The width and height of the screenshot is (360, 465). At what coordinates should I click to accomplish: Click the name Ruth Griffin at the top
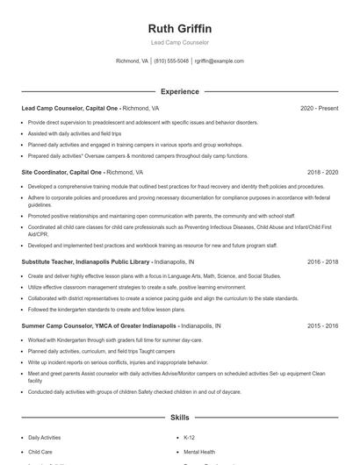click(x=180, y=28)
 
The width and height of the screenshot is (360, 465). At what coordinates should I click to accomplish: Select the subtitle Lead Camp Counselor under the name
click(x=180, y=43)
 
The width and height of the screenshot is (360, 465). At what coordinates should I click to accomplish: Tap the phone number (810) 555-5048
click(x=171, y=61)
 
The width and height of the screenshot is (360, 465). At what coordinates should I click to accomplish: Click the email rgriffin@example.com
click(x=219, y=61)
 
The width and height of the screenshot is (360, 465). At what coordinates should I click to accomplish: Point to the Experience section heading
click(x=180, y=91)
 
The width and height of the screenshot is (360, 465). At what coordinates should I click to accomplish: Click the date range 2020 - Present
click(x=319, y=108)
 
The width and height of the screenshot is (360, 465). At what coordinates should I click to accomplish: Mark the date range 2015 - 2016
click(x=322, y=325)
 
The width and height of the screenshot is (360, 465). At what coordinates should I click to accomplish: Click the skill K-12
click(x=190, y=436)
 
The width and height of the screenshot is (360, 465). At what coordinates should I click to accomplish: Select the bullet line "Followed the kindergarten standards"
click(x=96, y=309)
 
